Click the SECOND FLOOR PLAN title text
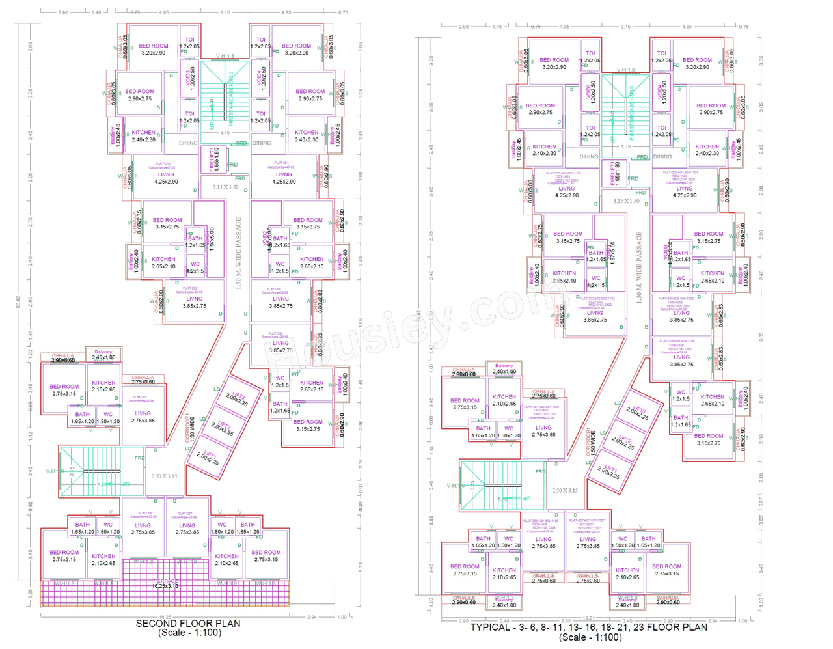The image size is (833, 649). point(188,623)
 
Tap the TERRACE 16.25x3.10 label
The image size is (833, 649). point(165,583)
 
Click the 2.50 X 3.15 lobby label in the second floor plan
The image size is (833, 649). point(164,476)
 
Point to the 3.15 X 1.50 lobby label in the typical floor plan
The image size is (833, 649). point(626,201)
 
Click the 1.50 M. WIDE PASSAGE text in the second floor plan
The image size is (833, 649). point(239,253)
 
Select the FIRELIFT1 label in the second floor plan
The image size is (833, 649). point(214,160)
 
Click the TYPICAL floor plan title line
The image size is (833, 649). point(588,628)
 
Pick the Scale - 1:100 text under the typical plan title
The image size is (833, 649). point(590,637)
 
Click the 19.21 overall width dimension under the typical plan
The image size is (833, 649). point(588,618)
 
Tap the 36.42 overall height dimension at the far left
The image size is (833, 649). point(18,301)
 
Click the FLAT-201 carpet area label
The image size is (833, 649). point(140,399)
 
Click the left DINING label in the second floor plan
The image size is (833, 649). point(188,143)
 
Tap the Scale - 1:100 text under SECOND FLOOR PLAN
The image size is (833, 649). point(189,633)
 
